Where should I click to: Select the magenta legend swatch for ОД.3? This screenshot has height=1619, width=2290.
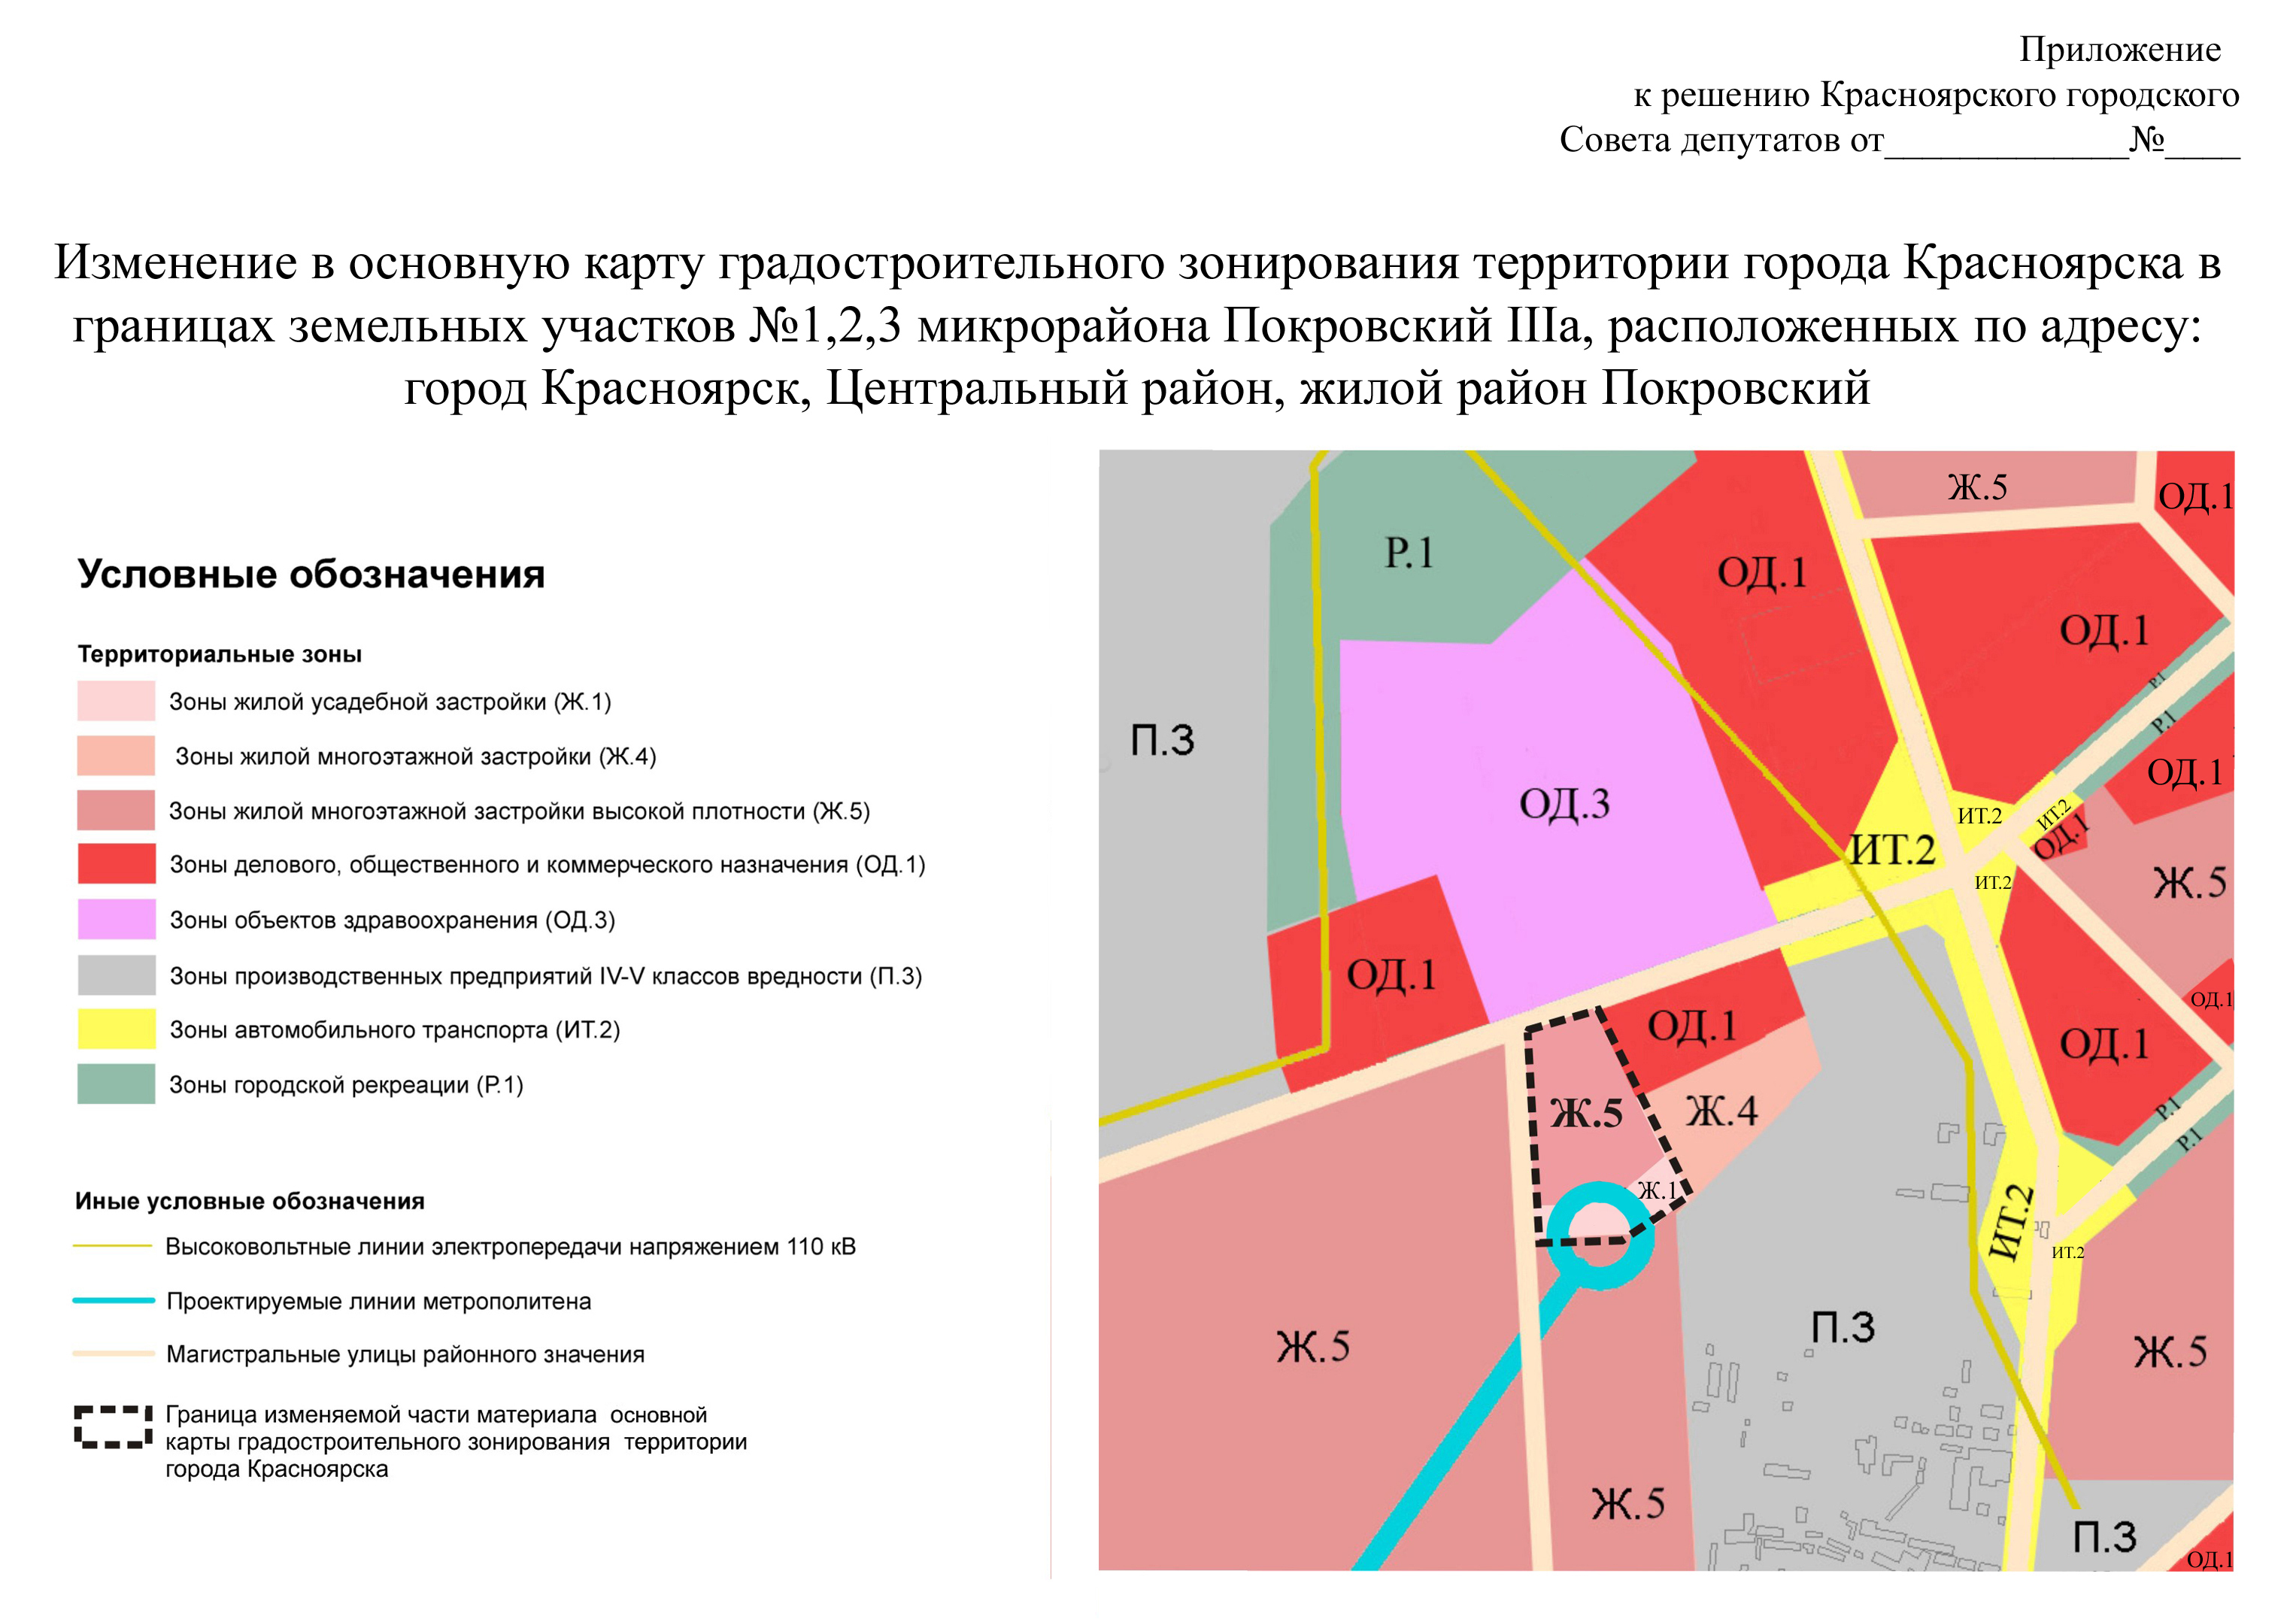pyautogui.click(x=116, y=919)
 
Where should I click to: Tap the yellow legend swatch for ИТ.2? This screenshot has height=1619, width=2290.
pyautogui.click(x=116, y=1029)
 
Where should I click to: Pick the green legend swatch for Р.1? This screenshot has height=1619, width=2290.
pyautogui.click(x=116, y=1084)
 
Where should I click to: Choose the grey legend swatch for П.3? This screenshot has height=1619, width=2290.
pyautogui.click(x=116, y=975)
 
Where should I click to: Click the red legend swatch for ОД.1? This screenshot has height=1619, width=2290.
pyautogui.click(x=116, y=864)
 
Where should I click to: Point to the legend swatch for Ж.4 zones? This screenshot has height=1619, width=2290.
pyautogui.click(x=116, y=755)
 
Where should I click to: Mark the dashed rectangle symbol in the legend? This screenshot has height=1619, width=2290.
pyautogui.click(x=113, y=1426)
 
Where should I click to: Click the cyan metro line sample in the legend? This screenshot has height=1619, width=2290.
pyautogui.click(x=113, y=1300)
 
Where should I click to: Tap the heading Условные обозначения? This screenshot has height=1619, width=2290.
pyautogui.click(x=311, y=575)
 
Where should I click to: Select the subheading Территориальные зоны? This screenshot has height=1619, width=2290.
pyautogui.click(x=220, y=654)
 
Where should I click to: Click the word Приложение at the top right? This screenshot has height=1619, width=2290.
pyautogui.click(x=2119, y=49)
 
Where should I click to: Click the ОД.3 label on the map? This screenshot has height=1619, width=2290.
pyautogui.click(x=1564, y=804)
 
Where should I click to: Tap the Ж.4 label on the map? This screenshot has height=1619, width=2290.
pyautogui.click(x=1721, y=1110)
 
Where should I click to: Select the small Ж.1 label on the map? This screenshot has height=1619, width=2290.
pyautogui.click(x=1658, y=1190)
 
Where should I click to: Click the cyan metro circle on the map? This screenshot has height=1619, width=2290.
pyautogui.click(x=1600, y=1236)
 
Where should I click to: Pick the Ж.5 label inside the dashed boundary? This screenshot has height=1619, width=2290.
pyautogui.click(x=1587, y=1113)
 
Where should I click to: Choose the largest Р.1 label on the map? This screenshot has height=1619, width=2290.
pyautogui.click(x=1409, y=553)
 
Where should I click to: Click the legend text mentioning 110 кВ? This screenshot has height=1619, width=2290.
pyautogui.click(x=510, y=1246)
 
